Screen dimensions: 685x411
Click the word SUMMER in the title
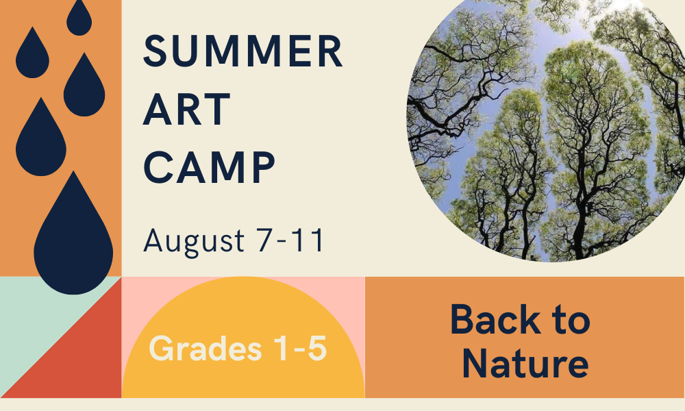(x=243, y=51)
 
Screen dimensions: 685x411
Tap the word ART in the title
(x=186, y=109)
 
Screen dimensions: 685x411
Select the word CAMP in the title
(x=209, y=167)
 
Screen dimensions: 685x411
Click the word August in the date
(x=194, y=241)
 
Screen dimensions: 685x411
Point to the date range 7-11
(x=290, y=240)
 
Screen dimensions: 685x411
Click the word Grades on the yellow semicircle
(x=206, y=348)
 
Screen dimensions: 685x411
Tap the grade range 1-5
(x=300, y=348)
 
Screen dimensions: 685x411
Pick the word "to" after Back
(x=571, y=320)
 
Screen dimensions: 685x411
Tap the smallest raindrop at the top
(x=79, y=18)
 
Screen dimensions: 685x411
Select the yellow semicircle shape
(x=243, y=340)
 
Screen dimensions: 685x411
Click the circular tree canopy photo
(x=546, y=127)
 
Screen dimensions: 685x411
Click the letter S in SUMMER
(x=155, y=51)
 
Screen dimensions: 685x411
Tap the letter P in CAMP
(x=264, y=167)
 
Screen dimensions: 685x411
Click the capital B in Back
(x=462, y=319)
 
